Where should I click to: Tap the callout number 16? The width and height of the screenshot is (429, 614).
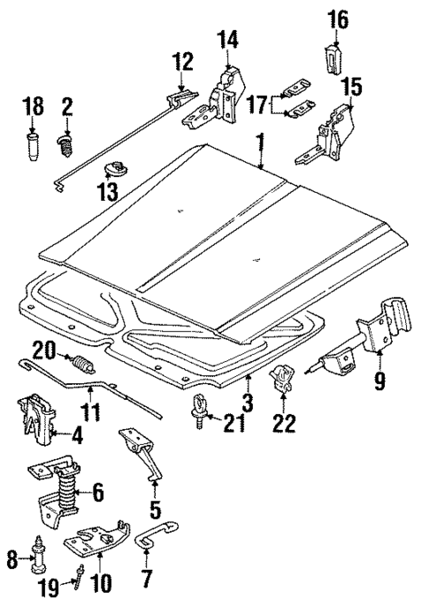[339, 18]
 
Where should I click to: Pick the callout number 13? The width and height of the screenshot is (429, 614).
[107, 190]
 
